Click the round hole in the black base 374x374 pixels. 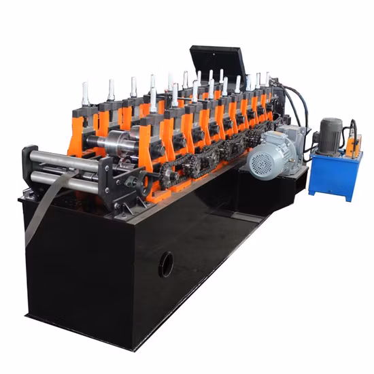pyautogui.click(x=166, y=264)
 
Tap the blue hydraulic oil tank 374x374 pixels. pyautogui.click(x=334, y=175)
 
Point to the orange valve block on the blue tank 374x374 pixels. pyautogui.click(x=354, y=145)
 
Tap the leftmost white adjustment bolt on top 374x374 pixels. pyautogui.click(x=85, y=94)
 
